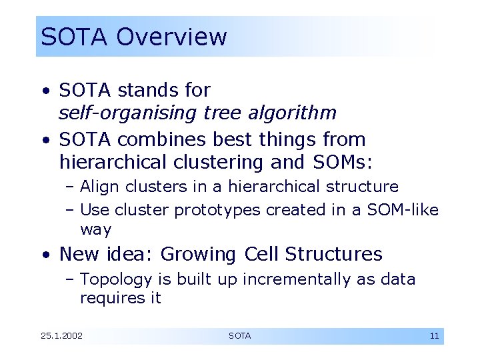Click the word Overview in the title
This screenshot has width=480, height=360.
(171, 37)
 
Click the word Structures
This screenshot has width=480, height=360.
(333, 254)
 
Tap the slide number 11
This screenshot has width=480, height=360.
(434, 336)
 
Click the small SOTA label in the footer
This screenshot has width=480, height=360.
(239, 336)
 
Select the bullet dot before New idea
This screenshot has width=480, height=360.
(44, 255)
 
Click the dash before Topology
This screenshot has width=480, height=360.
(70, 280)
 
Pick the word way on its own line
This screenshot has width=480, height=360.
(95, 230)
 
